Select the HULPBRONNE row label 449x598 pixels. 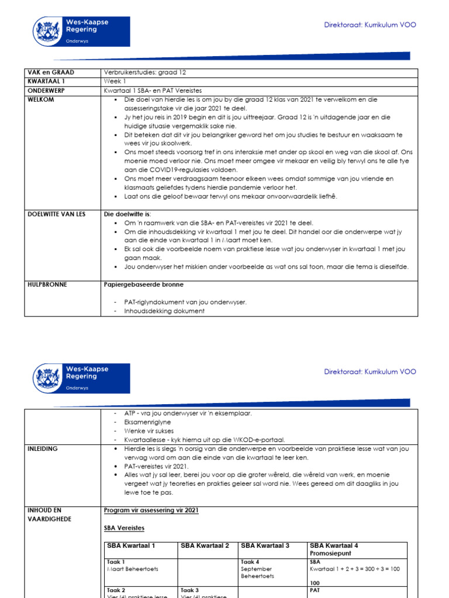point(47,284)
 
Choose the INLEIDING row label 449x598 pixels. point(44,448)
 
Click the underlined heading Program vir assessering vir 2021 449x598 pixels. point(151,510)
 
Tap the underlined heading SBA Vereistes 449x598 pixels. point(125,528)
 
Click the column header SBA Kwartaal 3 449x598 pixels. point(265,545)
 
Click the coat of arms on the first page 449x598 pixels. point(48,30)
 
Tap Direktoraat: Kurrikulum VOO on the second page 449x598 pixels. point(370,371)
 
